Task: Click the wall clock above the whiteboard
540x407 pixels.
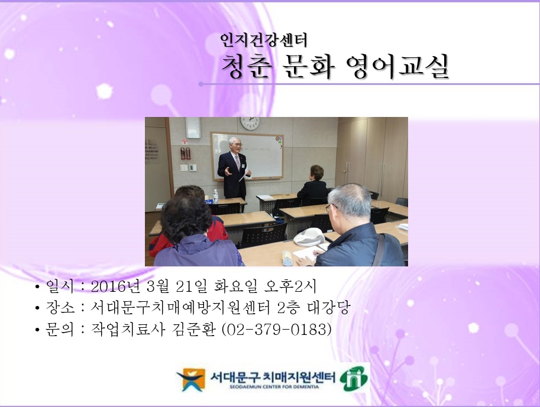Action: [x=250, y=123]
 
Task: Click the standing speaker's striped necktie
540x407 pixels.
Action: [x=237, y=162]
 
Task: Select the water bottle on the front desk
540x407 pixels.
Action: [x=215, y=196]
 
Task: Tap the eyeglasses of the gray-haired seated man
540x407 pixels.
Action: [x=328, y=208]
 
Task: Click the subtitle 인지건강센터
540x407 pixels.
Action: [x=263, y=40]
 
